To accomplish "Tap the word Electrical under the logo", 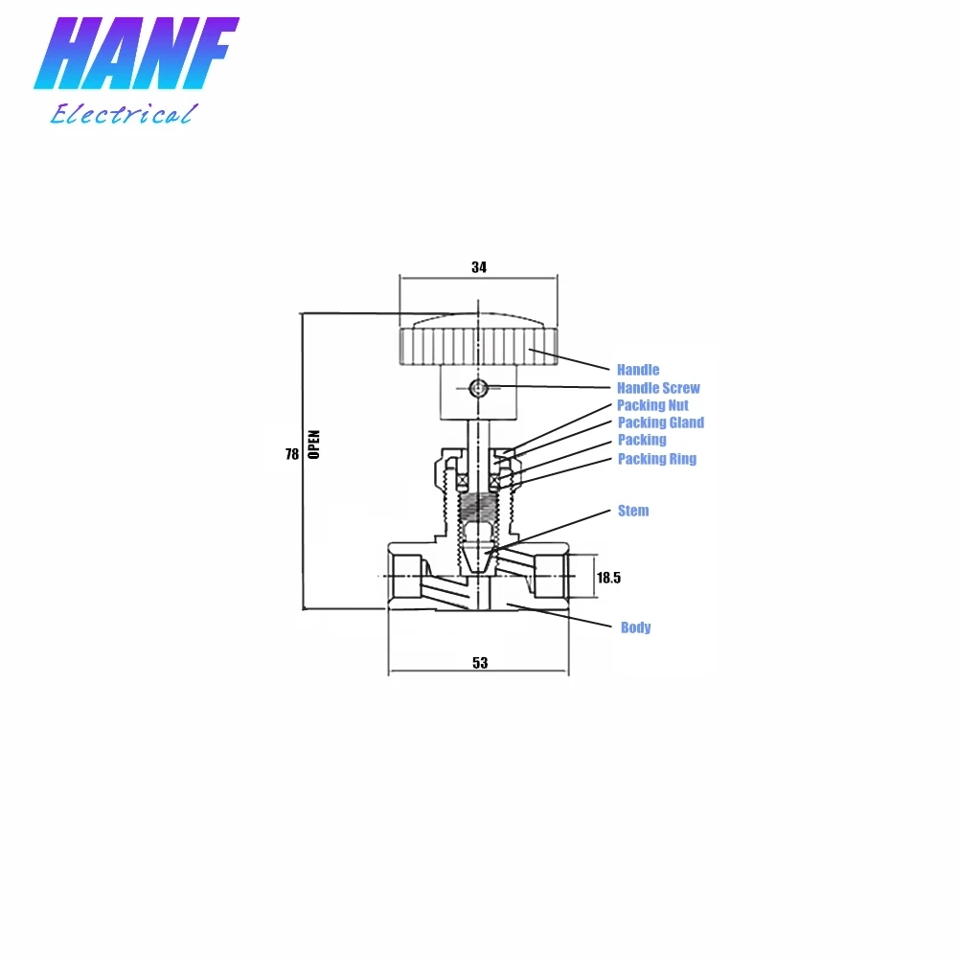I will coord(123,115).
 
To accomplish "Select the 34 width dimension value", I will coord(479,267).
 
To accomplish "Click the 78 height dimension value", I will coord(292,454).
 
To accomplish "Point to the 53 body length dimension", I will coord(480,663).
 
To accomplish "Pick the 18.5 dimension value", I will coord(609,578).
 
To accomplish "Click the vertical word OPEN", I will coord(314,445).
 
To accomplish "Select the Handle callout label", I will coord(638,370).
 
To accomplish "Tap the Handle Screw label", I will coord(658,388).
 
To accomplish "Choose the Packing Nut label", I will coord(652,405).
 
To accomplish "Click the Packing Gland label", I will coord(660,422).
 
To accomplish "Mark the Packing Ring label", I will coord(656,459).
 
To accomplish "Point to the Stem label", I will coord(633,511).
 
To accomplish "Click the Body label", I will coord(635,627).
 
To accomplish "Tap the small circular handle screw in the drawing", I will coord(479,388).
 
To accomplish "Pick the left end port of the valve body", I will coord(406,575).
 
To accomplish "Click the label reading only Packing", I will coord(642,440).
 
